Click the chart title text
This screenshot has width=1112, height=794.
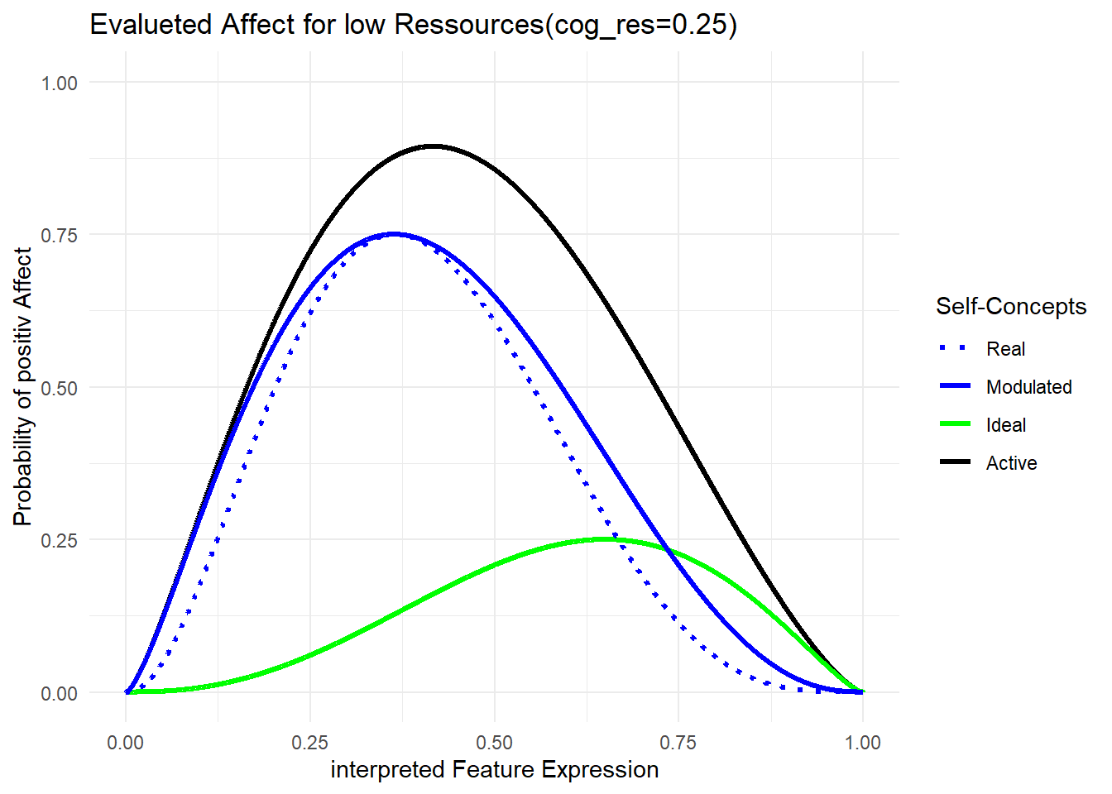click(413, 25)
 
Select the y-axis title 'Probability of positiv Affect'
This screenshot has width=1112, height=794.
click(23, 386)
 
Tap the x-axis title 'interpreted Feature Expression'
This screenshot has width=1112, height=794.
click(495, 769)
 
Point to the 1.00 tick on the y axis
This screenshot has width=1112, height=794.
click(60, 83)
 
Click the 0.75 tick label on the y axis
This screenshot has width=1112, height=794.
click(60, 235)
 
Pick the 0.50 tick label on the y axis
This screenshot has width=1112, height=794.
click(60, 388)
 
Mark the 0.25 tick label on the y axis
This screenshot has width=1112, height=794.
click(60, 540)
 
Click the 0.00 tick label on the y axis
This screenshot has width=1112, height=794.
click(60, 693)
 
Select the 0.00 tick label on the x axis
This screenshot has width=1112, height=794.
click(126, 742)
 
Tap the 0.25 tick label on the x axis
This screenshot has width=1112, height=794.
click(310, 742)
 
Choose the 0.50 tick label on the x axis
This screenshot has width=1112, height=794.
click(495, 742)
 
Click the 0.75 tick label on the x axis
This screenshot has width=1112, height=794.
click(678, 742)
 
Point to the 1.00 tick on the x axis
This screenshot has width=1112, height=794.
click(863, 742)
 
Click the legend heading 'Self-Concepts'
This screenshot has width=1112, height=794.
click(1011, 307)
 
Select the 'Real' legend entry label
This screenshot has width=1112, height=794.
click(1005, 349)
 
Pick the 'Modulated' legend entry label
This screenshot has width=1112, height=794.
click(1028, 387)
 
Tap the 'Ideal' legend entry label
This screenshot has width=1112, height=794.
click(1005, 425)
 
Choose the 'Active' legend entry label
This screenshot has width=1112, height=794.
click(1011, 463)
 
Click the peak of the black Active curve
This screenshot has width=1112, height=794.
click(433, 146)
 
